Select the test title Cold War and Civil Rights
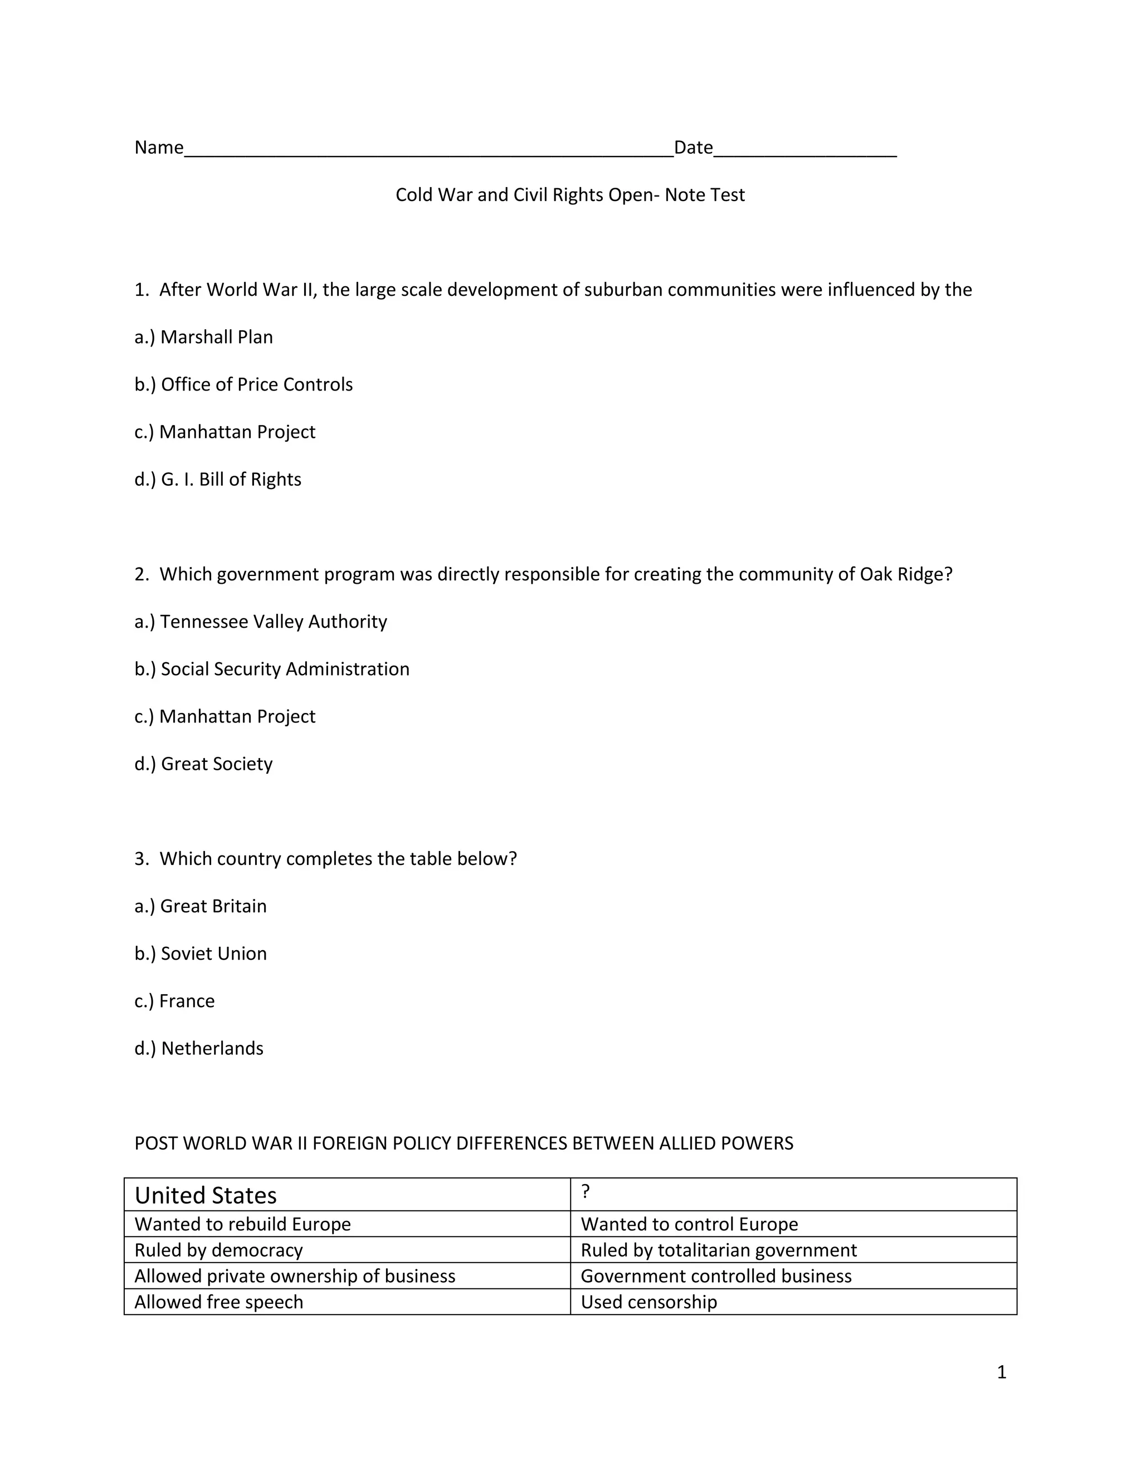pos(569,196)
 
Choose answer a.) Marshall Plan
pos(203,337)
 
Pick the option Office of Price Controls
pos(243,384)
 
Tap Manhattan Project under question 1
pos(225,432)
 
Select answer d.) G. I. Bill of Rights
pos(218,480)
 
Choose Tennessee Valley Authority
pos(260,622)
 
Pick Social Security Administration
pos(272,669)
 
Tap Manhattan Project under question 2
pos(225,716)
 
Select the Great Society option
pos(203,764)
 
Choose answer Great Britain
pos(200,906)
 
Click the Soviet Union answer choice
pos(200,954)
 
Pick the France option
pos(174,1001)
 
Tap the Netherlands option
pos(199,1049)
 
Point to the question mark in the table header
pos(586,1191)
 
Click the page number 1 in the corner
pos(1001,1372)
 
